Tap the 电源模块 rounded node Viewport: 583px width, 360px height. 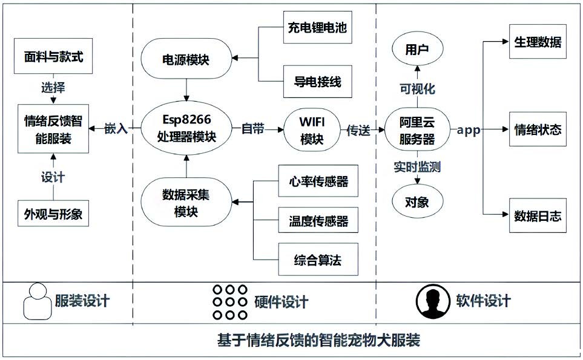(186, 59)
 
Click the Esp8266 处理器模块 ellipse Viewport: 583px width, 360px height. (186, 129)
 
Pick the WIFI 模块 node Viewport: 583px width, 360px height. (312, 130)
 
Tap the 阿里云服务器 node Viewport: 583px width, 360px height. (417, 129)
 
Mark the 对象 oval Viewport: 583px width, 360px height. (417, 201)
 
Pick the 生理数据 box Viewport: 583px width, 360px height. (538, 42)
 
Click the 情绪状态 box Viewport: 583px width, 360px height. (538, 129)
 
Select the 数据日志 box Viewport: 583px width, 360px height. (538, 215)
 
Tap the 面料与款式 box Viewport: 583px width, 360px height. (53, 58)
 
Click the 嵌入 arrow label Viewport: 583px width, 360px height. (116, 129)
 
